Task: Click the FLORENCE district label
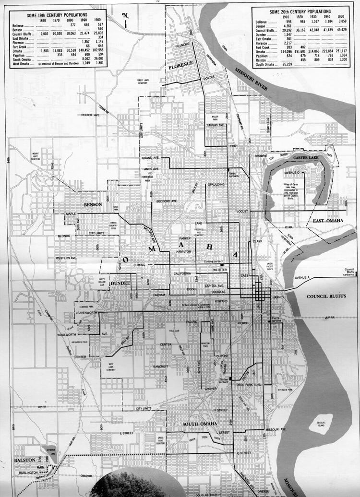click(x=180, y=64)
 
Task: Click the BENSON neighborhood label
click(x=93, y=205)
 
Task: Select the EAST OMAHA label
click(x=328, y=221)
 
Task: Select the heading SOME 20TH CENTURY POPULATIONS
click(x=300, y=11)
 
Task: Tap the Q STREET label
click(x=244, y=452)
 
